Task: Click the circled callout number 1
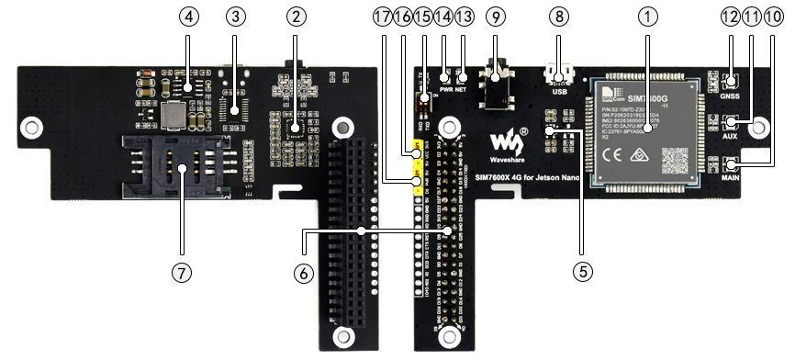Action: tap(650, 16)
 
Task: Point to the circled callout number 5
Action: tap(579, 272)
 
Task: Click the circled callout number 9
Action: tap(497, 16)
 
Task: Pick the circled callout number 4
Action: tap(188, 16)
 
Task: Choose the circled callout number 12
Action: tap(731, 16)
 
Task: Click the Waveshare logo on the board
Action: tap(508, 141)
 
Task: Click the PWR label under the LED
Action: tap(446, 90)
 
